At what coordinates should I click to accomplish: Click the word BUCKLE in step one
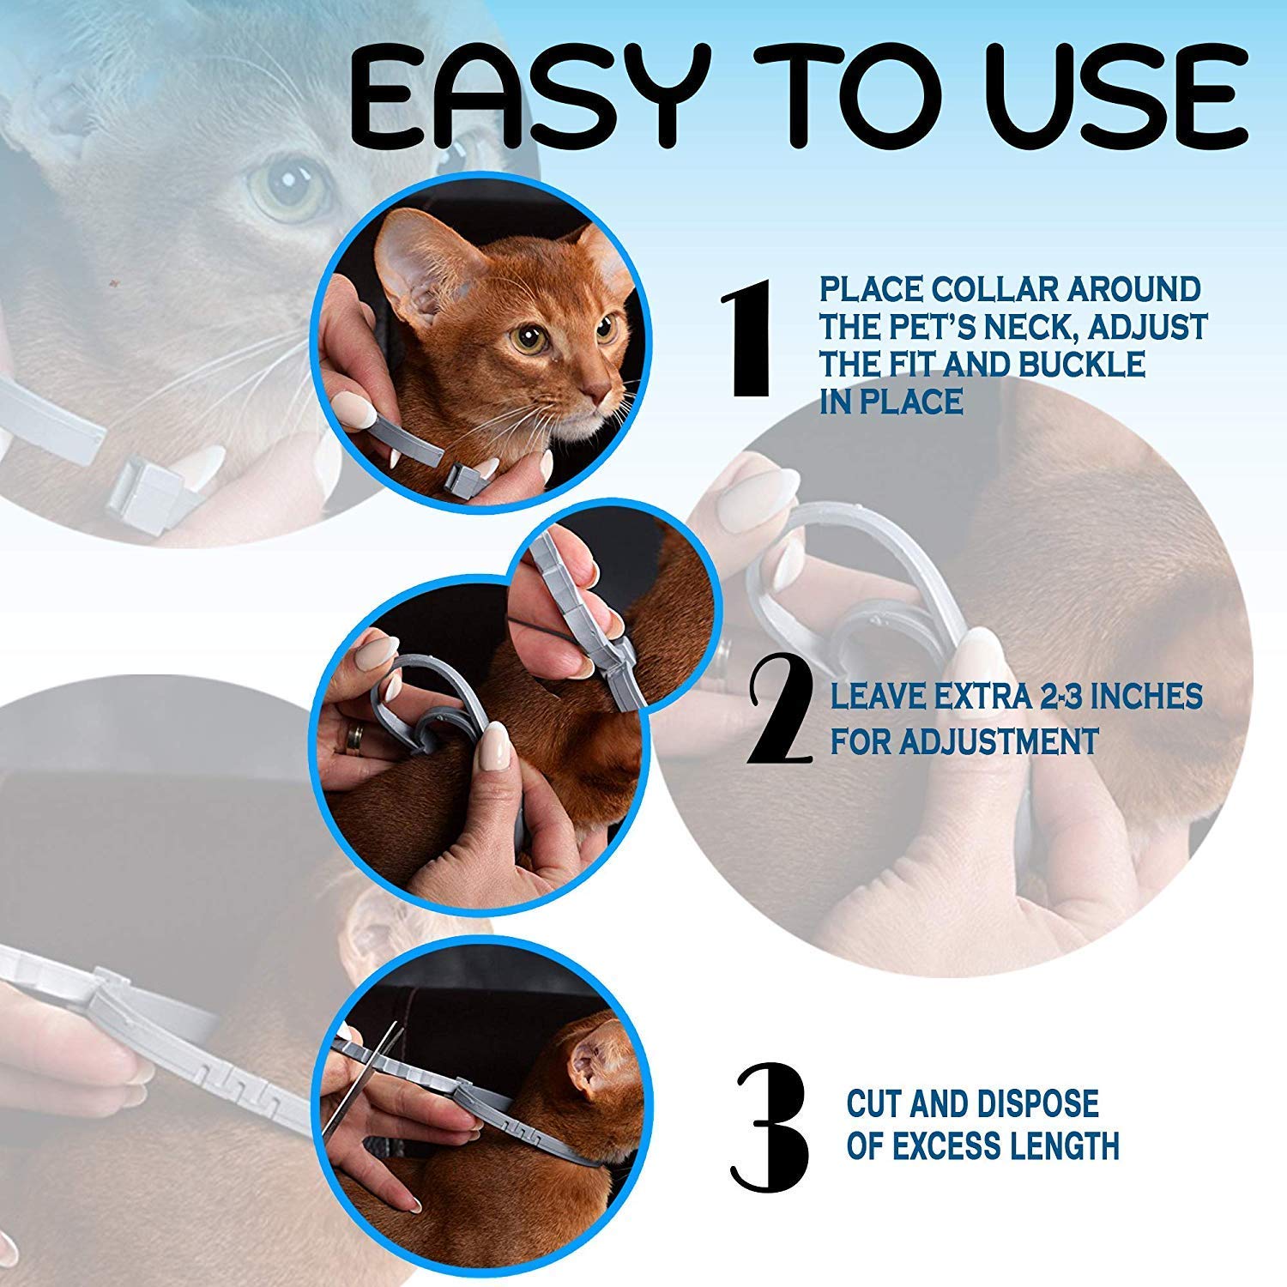pos(1082,365)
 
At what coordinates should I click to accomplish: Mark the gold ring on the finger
pos(353,738)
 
